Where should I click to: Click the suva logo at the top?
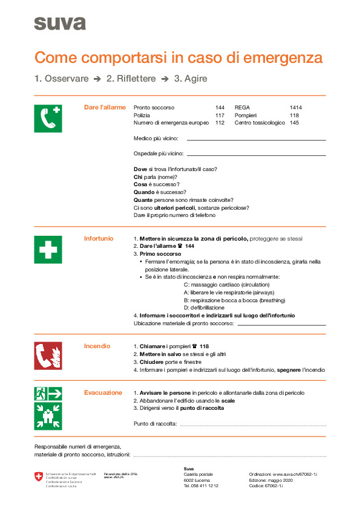pyautogui.click(x=59, y=23)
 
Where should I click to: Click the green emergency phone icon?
pyautogui.click(x=48, y=118)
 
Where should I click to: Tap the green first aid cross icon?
pyautogui.click(x=48, y=249)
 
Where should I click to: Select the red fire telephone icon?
pyautogui.click(x=48, y=355)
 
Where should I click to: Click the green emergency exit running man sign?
pyautogui.click(x=48, y=394)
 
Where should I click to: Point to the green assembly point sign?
pyautogui.click(x=48, y=416)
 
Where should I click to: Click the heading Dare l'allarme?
pyautogui.click(x=105, y=108)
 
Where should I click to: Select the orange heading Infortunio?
pyautogui.click(x=99, y=239)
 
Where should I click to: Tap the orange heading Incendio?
pyautogui.click(x=97, y=346)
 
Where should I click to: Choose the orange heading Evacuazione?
pyautogui.click(x=103, y=393)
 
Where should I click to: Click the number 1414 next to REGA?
pyautogui.click(x=295, y=108)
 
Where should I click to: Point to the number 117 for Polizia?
pyautogui.click(x=220, y=115)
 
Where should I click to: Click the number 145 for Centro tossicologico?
pyautogui.click(x=294, y=123)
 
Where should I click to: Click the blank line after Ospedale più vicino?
pyautogui.click(x=257, y=155)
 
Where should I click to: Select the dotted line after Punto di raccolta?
pyautogui.click(x=252, y=425)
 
